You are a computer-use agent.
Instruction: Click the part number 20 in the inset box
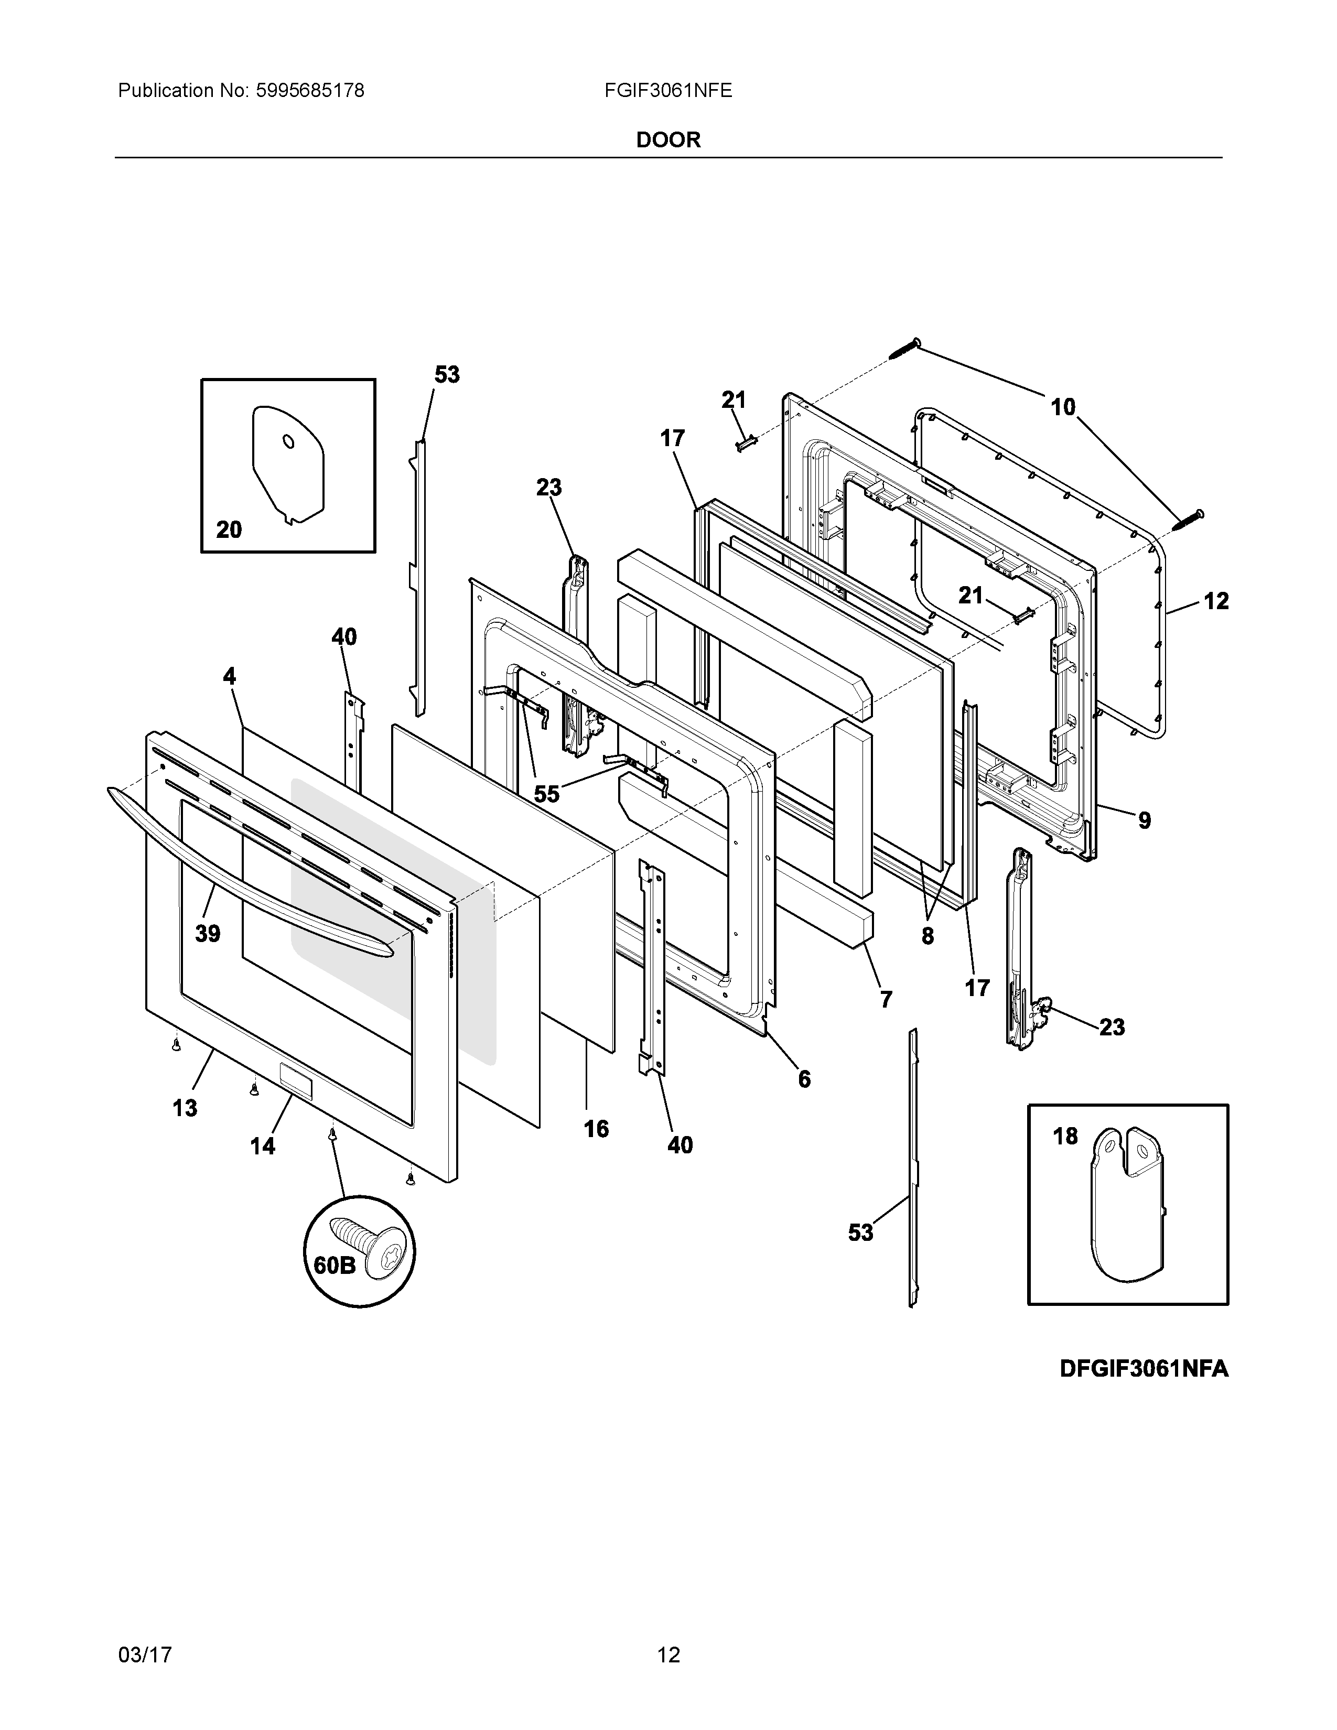(x=229, y=529)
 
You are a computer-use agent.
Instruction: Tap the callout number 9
(x=1145, y=820)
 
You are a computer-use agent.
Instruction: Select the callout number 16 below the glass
(x=597, y=1129)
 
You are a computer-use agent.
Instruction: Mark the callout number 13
(x=185, y=1107)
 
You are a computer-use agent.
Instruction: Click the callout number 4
(x=229, y=676)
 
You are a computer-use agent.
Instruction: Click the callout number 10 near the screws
(x=1063, y=407)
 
